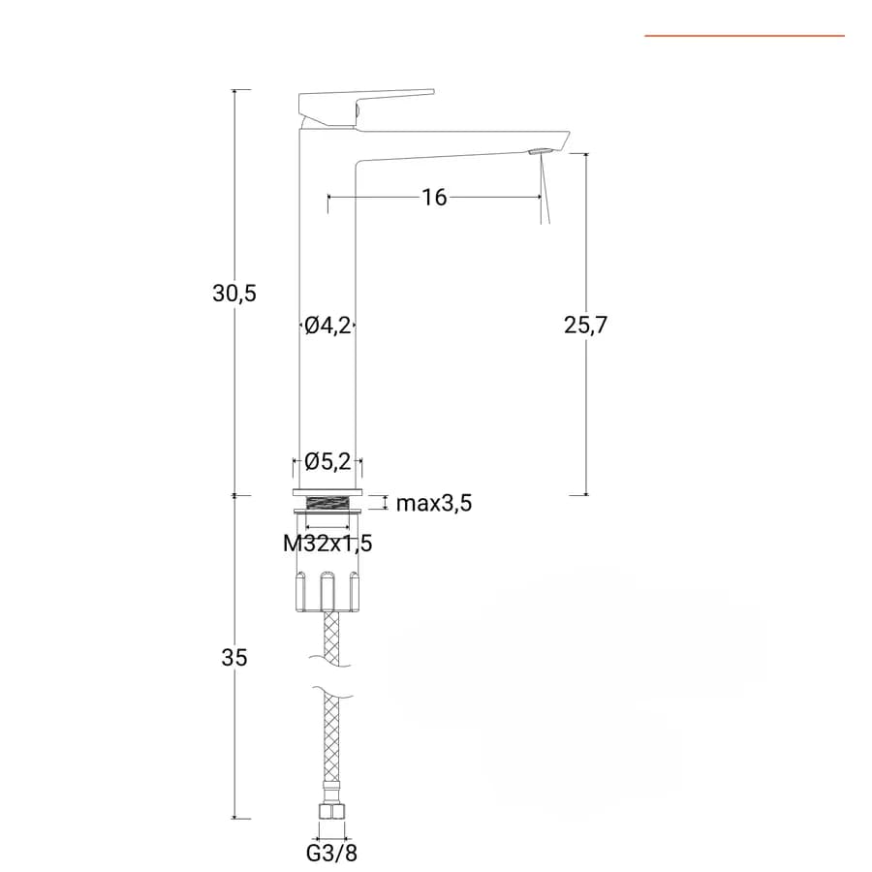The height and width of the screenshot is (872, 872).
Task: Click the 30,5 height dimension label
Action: point(234,293)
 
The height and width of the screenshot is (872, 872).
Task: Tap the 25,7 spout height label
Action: point(585,325)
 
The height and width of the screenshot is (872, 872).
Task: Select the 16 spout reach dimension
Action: point(434,197)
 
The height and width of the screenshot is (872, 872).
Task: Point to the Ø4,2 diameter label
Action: point(327,325)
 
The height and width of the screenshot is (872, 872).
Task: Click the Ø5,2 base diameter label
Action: point(327,461)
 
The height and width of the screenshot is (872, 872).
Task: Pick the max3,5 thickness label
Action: point(434,503)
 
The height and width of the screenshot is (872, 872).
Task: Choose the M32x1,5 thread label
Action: point(327,543)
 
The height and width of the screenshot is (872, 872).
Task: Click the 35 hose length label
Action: point(234,657)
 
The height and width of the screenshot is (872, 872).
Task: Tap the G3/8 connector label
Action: point(331,853)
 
